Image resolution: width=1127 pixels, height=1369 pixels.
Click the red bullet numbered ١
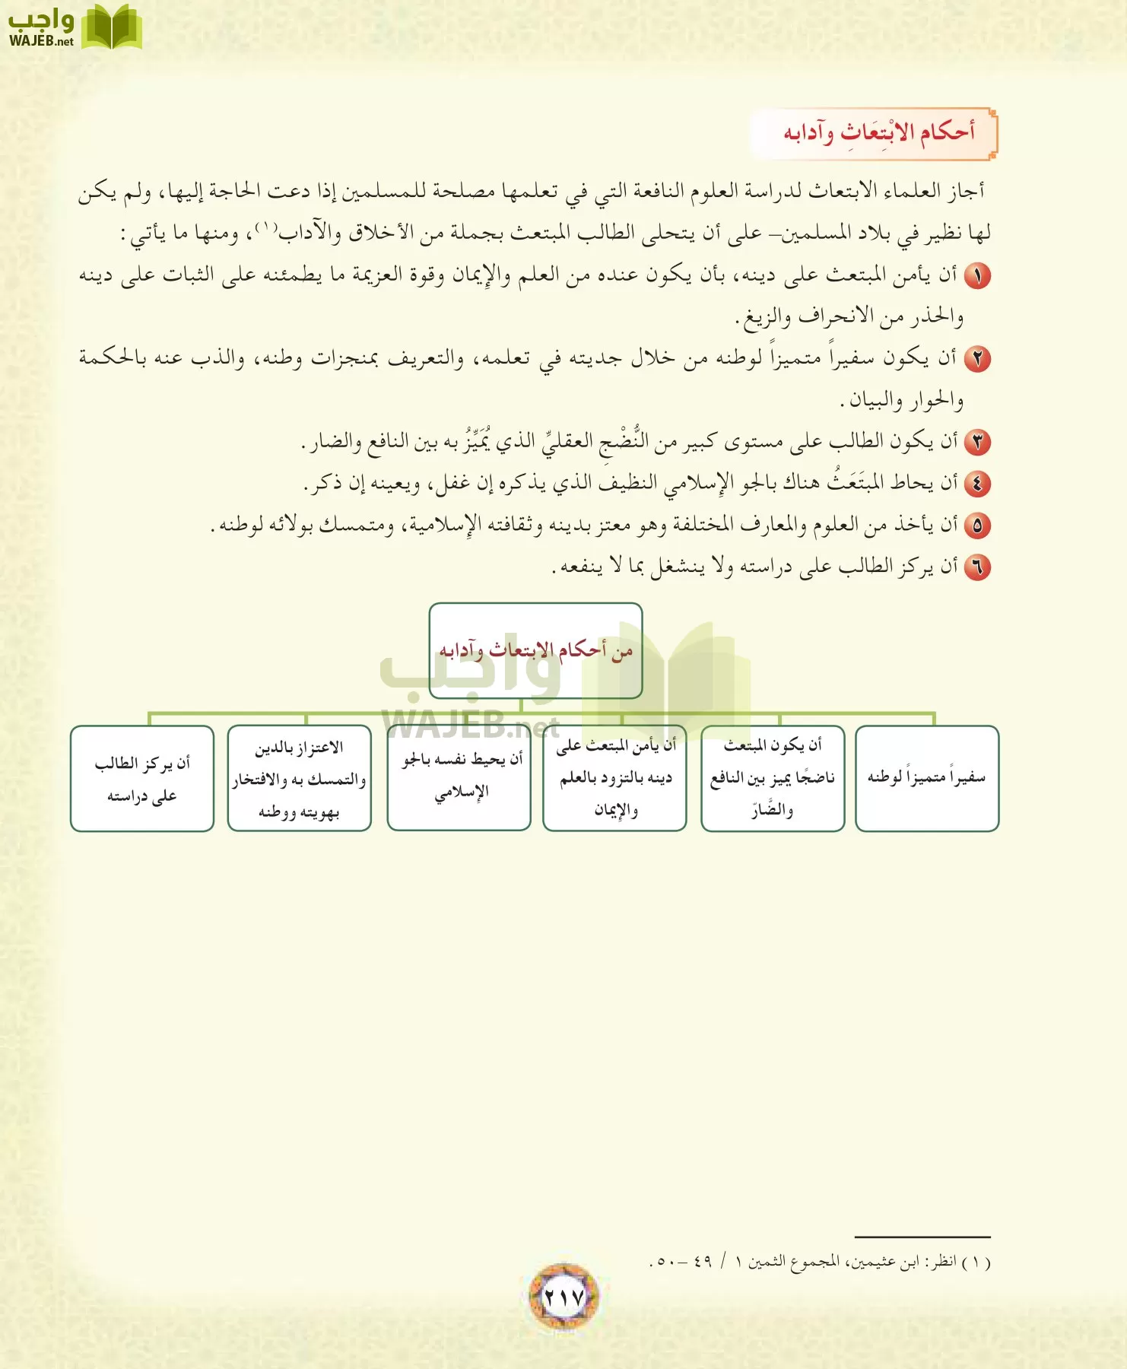coord(977,276)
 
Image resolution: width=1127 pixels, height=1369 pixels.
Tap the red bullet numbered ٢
coord(977,358)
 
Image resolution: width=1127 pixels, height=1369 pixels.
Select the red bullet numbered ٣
coord(977,442)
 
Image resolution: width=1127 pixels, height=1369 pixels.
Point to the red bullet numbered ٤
coord(977,484)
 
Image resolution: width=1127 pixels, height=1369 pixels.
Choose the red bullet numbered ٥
coord(977,526)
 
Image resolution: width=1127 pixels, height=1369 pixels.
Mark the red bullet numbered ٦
coord(977,567)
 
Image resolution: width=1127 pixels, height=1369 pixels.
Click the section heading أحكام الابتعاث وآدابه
coord(878,133)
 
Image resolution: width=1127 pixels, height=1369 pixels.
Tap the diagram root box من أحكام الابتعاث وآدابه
coord(535,650)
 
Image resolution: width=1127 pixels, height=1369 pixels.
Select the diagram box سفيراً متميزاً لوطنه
coord(926,777)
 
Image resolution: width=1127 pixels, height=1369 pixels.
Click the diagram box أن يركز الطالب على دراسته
coord(142,779)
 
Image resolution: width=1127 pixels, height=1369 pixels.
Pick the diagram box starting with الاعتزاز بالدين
coord(299,779)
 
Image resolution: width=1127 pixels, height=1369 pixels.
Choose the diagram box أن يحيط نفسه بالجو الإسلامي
coord(459,777)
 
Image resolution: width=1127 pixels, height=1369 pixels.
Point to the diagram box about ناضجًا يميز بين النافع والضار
coord(772,777)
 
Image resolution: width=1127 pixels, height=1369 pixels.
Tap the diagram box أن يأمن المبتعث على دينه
coord(614,777)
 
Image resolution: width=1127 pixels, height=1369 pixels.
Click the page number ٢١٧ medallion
coord(563,1297)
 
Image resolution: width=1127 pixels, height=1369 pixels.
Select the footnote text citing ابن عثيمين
coord(820,1263)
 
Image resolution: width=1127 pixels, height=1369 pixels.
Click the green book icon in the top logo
coord(111,27)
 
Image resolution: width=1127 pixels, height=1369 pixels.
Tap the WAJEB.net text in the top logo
coord(41,41)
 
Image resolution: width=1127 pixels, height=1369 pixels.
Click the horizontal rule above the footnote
coord(922,1237)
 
